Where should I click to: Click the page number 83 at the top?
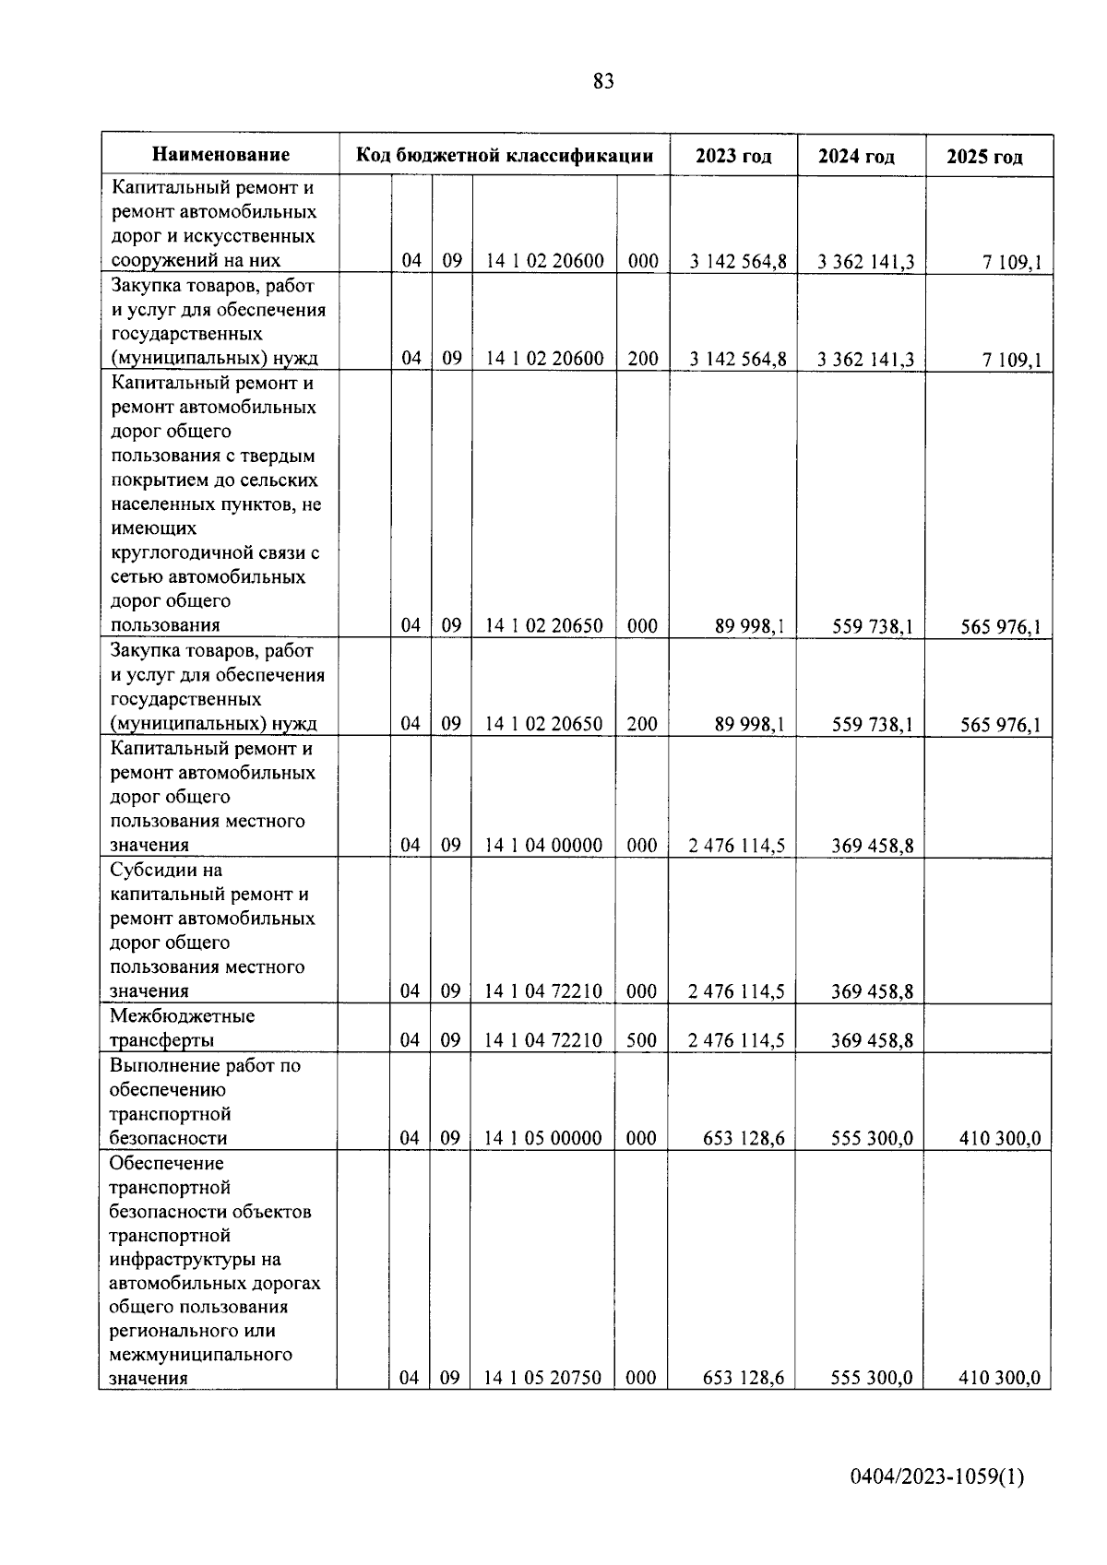click(603, 82)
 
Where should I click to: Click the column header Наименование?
click(220, 155)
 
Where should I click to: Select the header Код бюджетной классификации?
click(505, 155)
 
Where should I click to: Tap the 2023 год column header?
click(733, 156)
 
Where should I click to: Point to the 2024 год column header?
click(856, 157)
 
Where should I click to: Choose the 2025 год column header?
click(984, 157)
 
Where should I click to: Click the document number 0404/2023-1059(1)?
click(937, 1477)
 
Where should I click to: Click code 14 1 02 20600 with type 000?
click(544, 261)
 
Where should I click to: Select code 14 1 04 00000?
click(543, 846)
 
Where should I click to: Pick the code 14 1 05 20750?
click(542, 1378)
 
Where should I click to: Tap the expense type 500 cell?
click(641, 1040)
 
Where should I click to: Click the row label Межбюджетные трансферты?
click(182, 1028)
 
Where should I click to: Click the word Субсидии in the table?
click(153, 870)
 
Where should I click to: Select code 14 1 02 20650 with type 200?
click(543, 724)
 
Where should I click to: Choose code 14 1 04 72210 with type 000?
click(543, 991)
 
